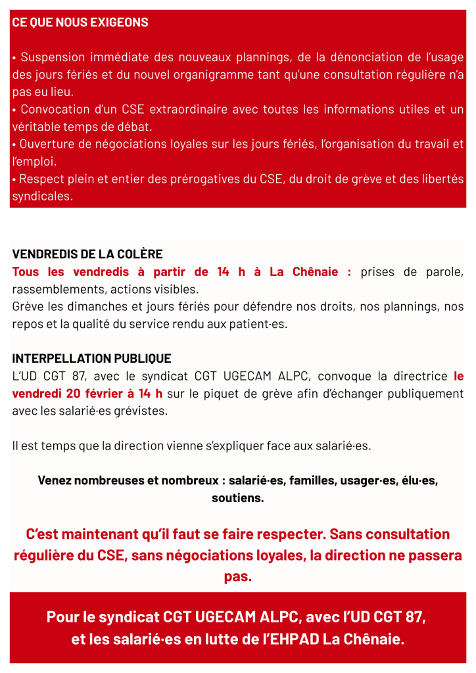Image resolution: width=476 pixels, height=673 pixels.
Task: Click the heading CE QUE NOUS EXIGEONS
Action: (80, 22)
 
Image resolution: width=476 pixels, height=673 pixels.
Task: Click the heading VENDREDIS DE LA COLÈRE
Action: (87, 254)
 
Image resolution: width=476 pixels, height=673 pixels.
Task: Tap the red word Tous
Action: (26, 272)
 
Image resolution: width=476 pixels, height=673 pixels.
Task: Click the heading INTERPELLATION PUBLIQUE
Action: (91, 359)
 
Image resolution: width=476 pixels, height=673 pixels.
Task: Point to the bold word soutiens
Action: (237, 498)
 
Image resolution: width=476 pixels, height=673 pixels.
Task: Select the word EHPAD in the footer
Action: (297, 639)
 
